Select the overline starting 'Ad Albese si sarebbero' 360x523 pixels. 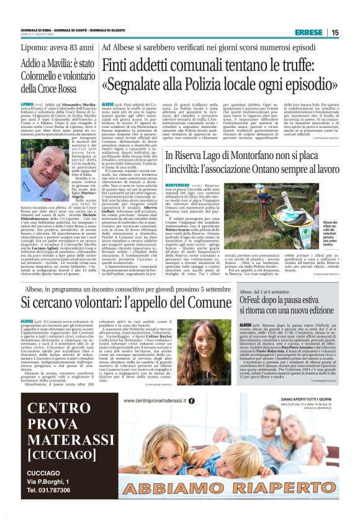click(x=205, y=48)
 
